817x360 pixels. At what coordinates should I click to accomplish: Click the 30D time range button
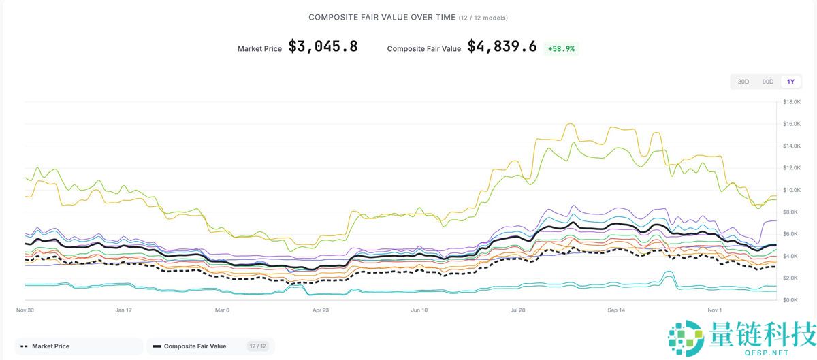click(x=743, y=82)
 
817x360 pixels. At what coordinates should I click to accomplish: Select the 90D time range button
click(x=767, y=82)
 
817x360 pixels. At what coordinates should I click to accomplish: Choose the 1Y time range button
click(x=790, y=82)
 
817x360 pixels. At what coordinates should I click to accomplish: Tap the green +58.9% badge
click(x=561, y=48)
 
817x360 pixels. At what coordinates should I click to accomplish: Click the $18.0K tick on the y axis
click(x=792, y=102)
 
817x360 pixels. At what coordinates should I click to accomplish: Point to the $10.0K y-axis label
click(x=792, y=190)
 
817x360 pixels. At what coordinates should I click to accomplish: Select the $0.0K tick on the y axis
click(x=790, y=299)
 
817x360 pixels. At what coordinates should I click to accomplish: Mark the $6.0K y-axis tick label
click(x=790, y=234)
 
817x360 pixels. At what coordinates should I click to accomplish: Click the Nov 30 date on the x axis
click(x=26, y=310)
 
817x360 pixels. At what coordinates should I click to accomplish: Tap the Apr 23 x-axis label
click(x=320, y=310)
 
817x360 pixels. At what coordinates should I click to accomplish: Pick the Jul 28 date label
click(x=517, y=310)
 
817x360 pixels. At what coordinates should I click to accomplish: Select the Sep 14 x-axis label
click(x=616, y=310)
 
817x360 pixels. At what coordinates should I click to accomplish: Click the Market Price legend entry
click(x=50, y=346)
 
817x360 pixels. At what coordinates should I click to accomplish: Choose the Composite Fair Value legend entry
click(x=195, y=346)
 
